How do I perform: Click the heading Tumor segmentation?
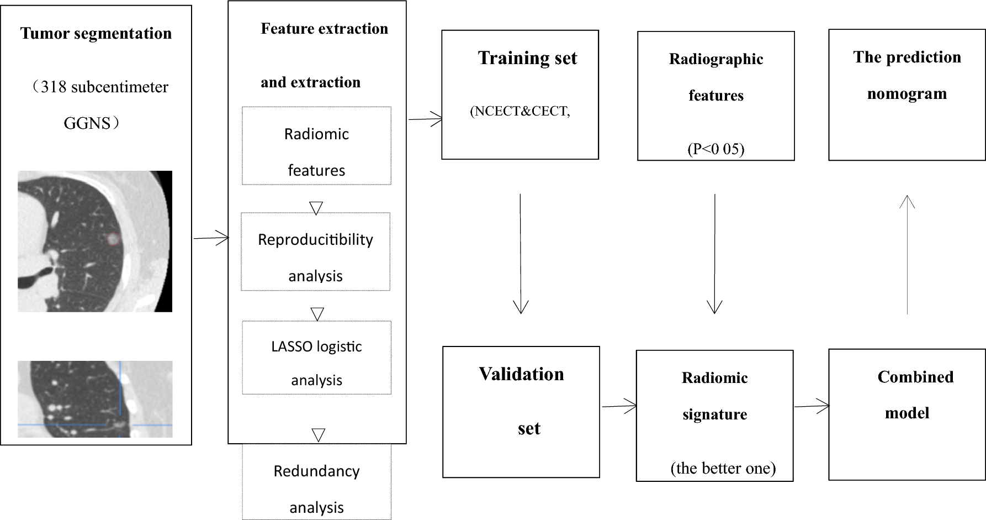point(96,34)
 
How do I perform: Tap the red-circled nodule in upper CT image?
point(113,239)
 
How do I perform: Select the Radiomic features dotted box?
point(316,146)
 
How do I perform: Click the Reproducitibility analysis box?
point(315,252)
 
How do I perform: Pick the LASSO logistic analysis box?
point(316,358)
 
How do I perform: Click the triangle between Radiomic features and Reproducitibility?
point(316,208)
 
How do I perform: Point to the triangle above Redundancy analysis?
point(318,435)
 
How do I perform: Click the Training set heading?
point(527,58)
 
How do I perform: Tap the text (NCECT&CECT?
point(520,111)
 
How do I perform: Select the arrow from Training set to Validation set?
point(521,254)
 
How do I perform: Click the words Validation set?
point(522,400)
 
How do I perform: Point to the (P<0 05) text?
point(716,149)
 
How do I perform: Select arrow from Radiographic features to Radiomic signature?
point(715,254)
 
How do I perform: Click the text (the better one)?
point(723,468)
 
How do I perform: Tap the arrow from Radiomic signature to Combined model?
point(812,407)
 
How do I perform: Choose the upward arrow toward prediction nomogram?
point(907,254)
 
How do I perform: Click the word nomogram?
point(907,94)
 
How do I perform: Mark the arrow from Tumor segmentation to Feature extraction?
point(211,238)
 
